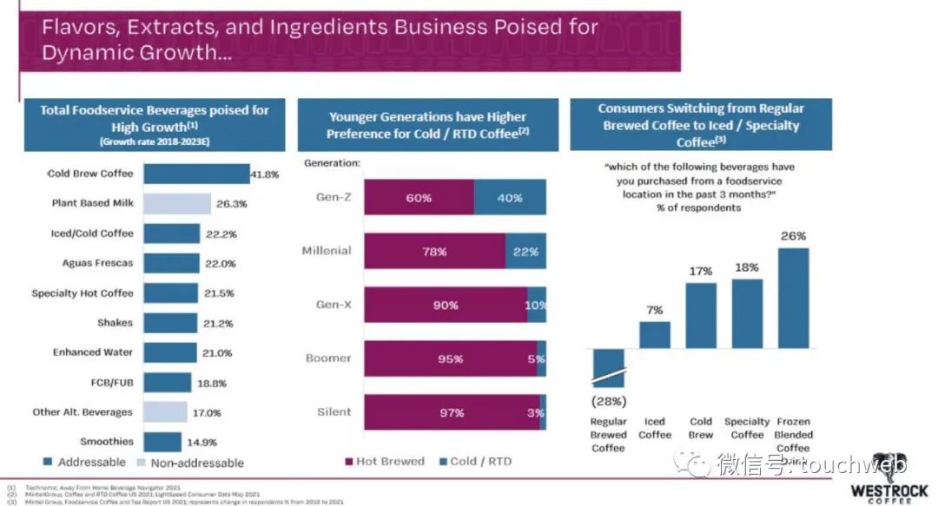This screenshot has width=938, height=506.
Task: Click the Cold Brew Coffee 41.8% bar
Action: click(x=195, y=174)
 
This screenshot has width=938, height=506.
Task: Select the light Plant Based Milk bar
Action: click(x=176, y=204)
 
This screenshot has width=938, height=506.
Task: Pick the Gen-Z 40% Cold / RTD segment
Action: click(x=510, y=198)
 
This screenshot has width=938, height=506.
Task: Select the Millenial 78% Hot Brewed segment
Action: click(x=434, y=252)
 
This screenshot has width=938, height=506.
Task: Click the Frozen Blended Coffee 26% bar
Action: click(x=793, y=298)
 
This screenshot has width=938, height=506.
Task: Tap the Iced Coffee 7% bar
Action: click(x=655, y=334)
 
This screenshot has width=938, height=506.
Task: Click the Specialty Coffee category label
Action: click(x=747, y=429)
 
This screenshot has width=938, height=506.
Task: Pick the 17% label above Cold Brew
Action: click(x=700, y=272)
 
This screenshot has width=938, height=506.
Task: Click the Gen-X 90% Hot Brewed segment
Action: click(x=446, y=306)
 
